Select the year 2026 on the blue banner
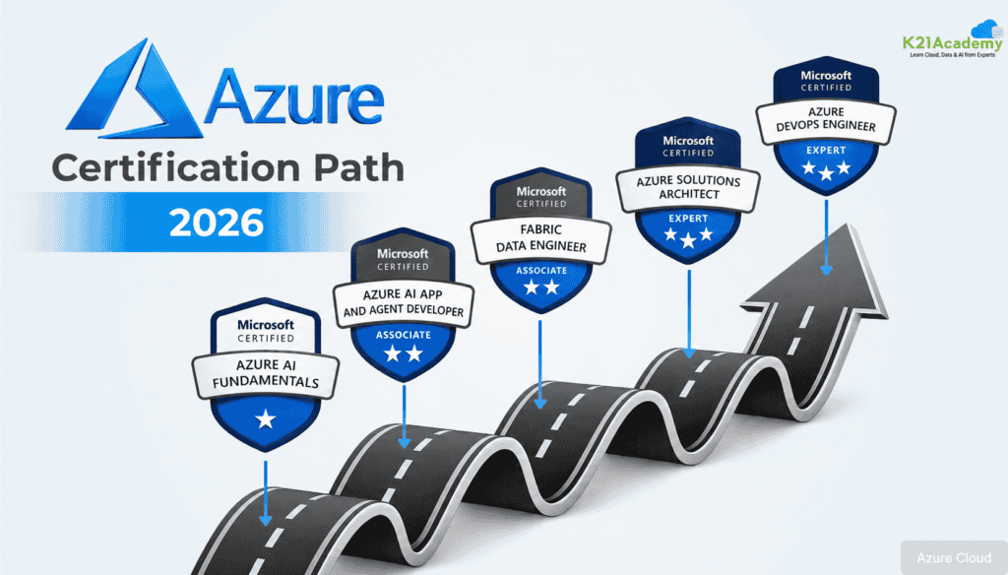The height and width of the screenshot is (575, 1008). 217,223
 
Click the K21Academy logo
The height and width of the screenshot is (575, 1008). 953,40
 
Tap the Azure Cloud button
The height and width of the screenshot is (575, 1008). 953,557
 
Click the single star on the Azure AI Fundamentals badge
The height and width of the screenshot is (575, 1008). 266,419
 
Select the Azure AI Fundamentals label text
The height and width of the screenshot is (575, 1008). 266,374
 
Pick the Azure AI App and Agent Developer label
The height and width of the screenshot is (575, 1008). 403,303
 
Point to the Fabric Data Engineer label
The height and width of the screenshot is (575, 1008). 540,238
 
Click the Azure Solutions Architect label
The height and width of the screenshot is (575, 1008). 688,187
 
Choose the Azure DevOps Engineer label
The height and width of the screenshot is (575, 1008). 826,119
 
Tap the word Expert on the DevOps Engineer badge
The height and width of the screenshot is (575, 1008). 826,150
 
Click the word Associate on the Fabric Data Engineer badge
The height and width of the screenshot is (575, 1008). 541,270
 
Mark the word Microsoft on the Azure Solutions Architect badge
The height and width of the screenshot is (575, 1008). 688,140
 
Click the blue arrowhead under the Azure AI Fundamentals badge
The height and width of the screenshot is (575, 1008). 266,519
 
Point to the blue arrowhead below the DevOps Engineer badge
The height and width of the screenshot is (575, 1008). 827,270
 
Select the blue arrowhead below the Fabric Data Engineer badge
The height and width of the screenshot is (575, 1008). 540,403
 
